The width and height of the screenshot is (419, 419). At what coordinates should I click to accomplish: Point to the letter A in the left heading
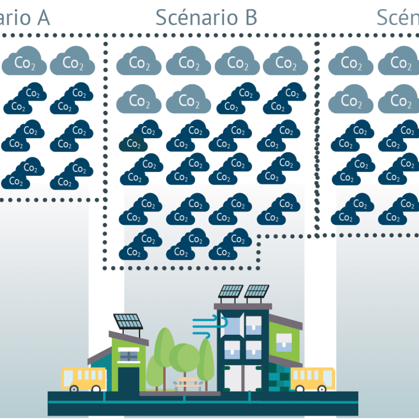(x=41, y=17)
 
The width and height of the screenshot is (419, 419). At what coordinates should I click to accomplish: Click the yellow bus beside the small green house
(x=84, y=378)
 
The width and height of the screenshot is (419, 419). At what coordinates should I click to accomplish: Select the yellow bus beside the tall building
(x=312, y=378)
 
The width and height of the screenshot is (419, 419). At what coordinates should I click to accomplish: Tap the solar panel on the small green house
(x=128, y=321)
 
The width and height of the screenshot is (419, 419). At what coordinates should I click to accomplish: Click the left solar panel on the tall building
(x=231, y=291)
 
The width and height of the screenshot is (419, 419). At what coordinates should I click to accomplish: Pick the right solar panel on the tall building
(x=257, y=291)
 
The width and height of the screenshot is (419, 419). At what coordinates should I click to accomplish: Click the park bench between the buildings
(x=189, y=383)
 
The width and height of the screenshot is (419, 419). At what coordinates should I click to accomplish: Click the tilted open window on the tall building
(x=235, y=324)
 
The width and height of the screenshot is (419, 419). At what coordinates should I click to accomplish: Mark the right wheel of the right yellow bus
(x=322, y=388)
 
